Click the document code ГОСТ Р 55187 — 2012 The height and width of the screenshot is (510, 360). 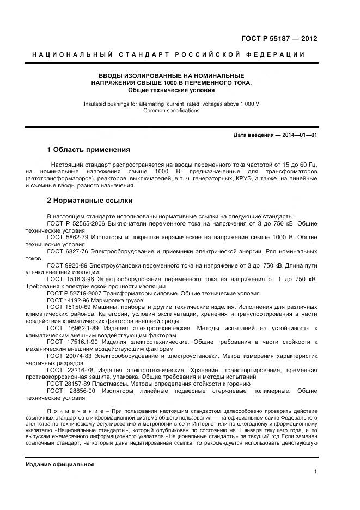[279, 39]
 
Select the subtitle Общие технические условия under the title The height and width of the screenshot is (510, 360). [172, 90]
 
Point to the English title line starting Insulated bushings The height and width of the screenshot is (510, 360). [172, 104]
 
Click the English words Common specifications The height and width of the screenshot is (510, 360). [172, 111]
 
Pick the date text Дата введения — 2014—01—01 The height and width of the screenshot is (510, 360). [275, 135]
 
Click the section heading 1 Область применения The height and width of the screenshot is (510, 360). [89, 150]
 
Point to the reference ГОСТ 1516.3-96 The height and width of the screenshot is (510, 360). [71, 279]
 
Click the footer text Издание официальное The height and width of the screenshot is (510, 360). [60, 464]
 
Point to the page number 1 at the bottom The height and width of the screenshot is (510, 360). [315, 472]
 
